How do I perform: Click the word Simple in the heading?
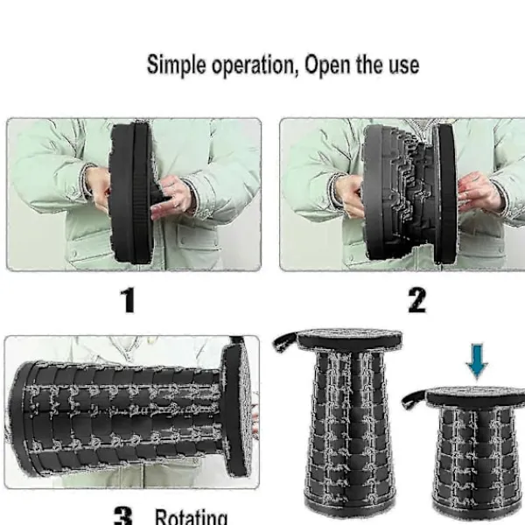[177, 65]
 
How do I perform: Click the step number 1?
[128, 300]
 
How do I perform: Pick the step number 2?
[416, 300]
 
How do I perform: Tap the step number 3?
[123, 515]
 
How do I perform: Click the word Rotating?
[191, 517]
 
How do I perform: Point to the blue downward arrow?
[477, 360]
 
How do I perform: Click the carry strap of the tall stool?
[285, 340]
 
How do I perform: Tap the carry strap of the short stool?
[414, 399]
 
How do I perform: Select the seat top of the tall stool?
[350, 339]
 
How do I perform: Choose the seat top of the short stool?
[476, 396]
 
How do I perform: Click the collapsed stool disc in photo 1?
[131, 192]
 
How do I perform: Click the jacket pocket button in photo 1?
[183, 241]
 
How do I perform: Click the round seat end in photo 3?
[237, 409]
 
